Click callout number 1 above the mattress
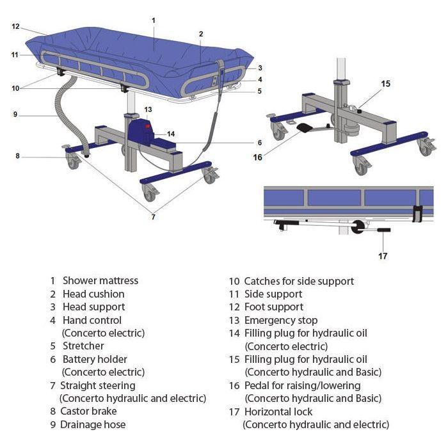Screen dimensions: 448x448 (x=154, y=20)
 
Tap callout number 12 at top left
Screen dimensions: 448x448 (x=16, y=26)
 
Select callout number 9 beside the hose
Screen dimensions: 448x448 (x=15, y=115)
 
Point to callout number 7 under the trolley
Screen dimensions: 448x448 (x=153, y=218)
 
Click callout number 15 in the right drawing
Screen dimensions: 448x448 (x=385, y=83)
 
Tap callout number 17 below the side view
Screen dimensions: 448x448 (x=383, y=256)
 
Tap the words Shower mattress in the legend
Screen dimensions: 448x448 (x=100, y=280)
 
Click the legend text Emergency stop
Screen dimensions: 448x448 (x=281, y=320)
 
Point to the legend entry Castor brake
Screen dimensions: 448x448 (x=88, y=412)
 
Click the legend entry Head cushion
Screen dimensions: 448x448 (x=93, y=294)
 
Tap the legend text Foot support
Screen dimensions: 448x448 (x=274, y=307)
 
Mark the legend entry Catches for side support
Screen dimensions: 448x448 (x=299, y=280)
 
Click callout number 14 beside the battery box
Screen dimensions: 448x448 (x=171, y=134)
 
